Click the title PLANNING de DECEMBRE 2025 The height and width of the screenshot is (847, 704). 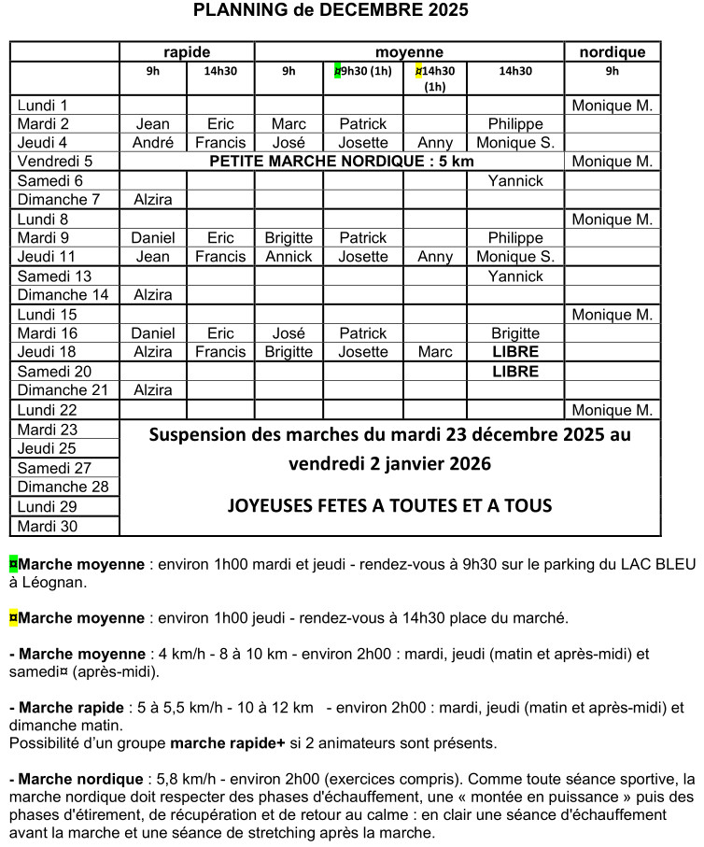tap(331, 11)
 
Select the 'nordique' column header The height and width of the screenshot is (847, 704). tap(612, 52)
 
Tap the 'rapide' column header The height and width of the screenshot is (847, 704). tap(187, 52)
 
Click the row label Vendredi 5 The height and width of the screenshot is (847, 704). tap(56, 162)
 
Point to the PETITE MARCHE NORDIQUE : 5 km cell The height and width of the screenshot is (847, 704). tap(342, 162)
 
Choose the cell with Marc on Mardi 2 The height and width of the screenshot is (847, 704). tap(289, 124)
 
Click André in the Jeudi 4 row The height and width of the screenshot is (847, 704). tap(153, 143)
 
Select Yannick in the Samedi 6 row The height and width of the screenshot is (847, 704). tap(514, 181)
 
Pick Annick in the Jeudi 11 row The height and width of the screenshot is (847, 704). tap(289, 257)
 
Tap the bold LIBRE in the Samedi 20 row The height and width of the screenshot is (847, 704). tap(514, 372)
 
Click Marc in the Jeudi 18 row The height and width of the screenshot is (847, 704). tap(435, 352)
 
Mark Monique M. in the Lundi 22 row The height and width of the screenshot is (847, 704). tap(612, 410)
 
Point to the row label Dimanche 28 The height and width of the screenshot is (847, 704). tap(63, 487)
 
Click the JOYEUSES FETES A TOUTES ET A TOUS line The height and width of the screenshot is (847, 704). tap(389, 506)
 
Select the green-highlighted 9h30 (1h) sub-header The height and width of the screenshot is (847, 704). tap(363, 71)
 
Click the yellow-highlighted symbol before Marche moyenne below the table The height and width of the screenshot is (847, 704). tap(13, 618)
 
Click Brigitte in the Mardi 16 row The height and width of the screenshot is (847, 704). tap(514, 333)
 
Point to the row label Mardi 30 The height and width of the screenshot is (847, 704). tap(48, 526)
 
